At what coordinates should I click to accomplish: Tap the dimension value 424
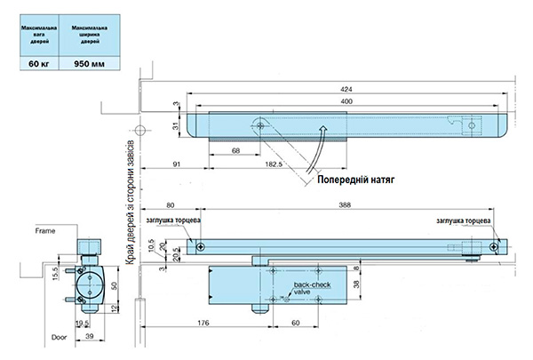click(x=346, y=90)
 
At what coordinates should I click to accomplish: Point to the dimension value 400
click(x=346, y=103)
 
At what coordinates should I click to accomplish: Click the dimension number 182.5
click(x=274, y=165)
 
